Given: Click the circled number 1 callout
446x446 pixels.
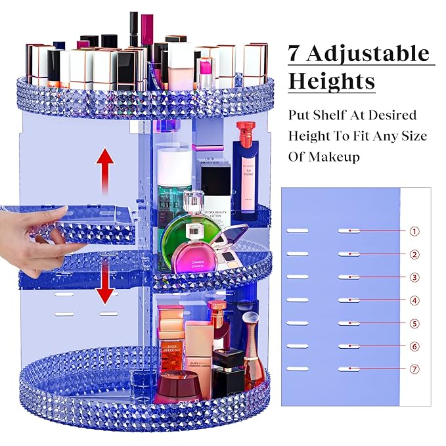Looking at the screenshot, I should [x=414, y=231].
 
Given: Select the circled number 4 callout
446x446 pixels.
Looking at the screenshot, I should [x=414, y=300].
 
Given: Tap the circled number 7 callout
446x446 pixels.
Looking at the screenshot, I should [x=414, y=369].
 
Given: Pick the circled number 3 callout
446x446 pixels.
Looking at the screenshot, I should [x=414, y=277].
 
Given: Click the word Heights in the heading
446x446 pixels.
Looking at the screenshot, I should [x=332, y=81].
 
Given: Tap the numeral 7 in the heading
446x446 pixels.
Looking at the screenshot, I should [x=296, y=53].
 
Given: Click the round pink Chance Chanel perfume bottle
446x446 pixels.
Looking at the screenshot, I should [x=197, y=252].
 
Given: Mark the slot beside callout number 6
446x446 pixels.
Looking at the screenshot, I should [x=350, y=346].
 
